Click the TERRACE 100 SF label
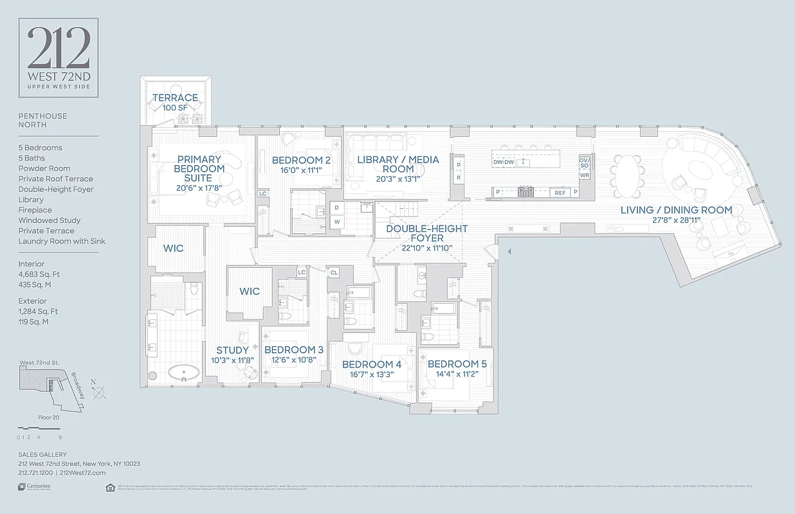pyautogui.click(x=175, y=102)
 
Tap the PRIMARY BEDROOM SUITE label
pyautogui.click(x=199, y=168)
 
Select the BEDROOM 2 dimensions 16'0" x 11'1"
pyautogui.click(x=301, y=171)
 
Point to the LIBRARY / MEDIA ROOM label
pyautogui.click(x=398, y=164)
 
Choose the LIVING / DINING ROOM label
pyautogui.click(x=676, y=210)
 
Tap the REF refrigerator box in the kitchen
pyautogui.click(x=560, y=192)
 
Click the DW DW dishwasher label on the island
pyautogui.click(x=504, y=163)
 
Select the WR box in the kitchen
pyautogui.click(x=584, y=175)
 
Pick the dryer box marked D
pyautogui.click(x=337, y=208)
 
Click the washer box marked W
pyautogui.click(x=337, y=222)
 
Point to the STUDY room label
pyautogui.click(x=232, y=350)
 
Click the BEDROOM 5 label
pyautogui.click(x=457, y=364)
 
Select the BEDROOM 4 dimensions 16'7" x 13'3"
pyautogui.click(x=372, y=375)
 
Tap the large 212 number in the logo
pyautogui.click(x=59, y=49)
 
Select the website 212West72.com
pyautogui.click(x=82, y=472)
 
